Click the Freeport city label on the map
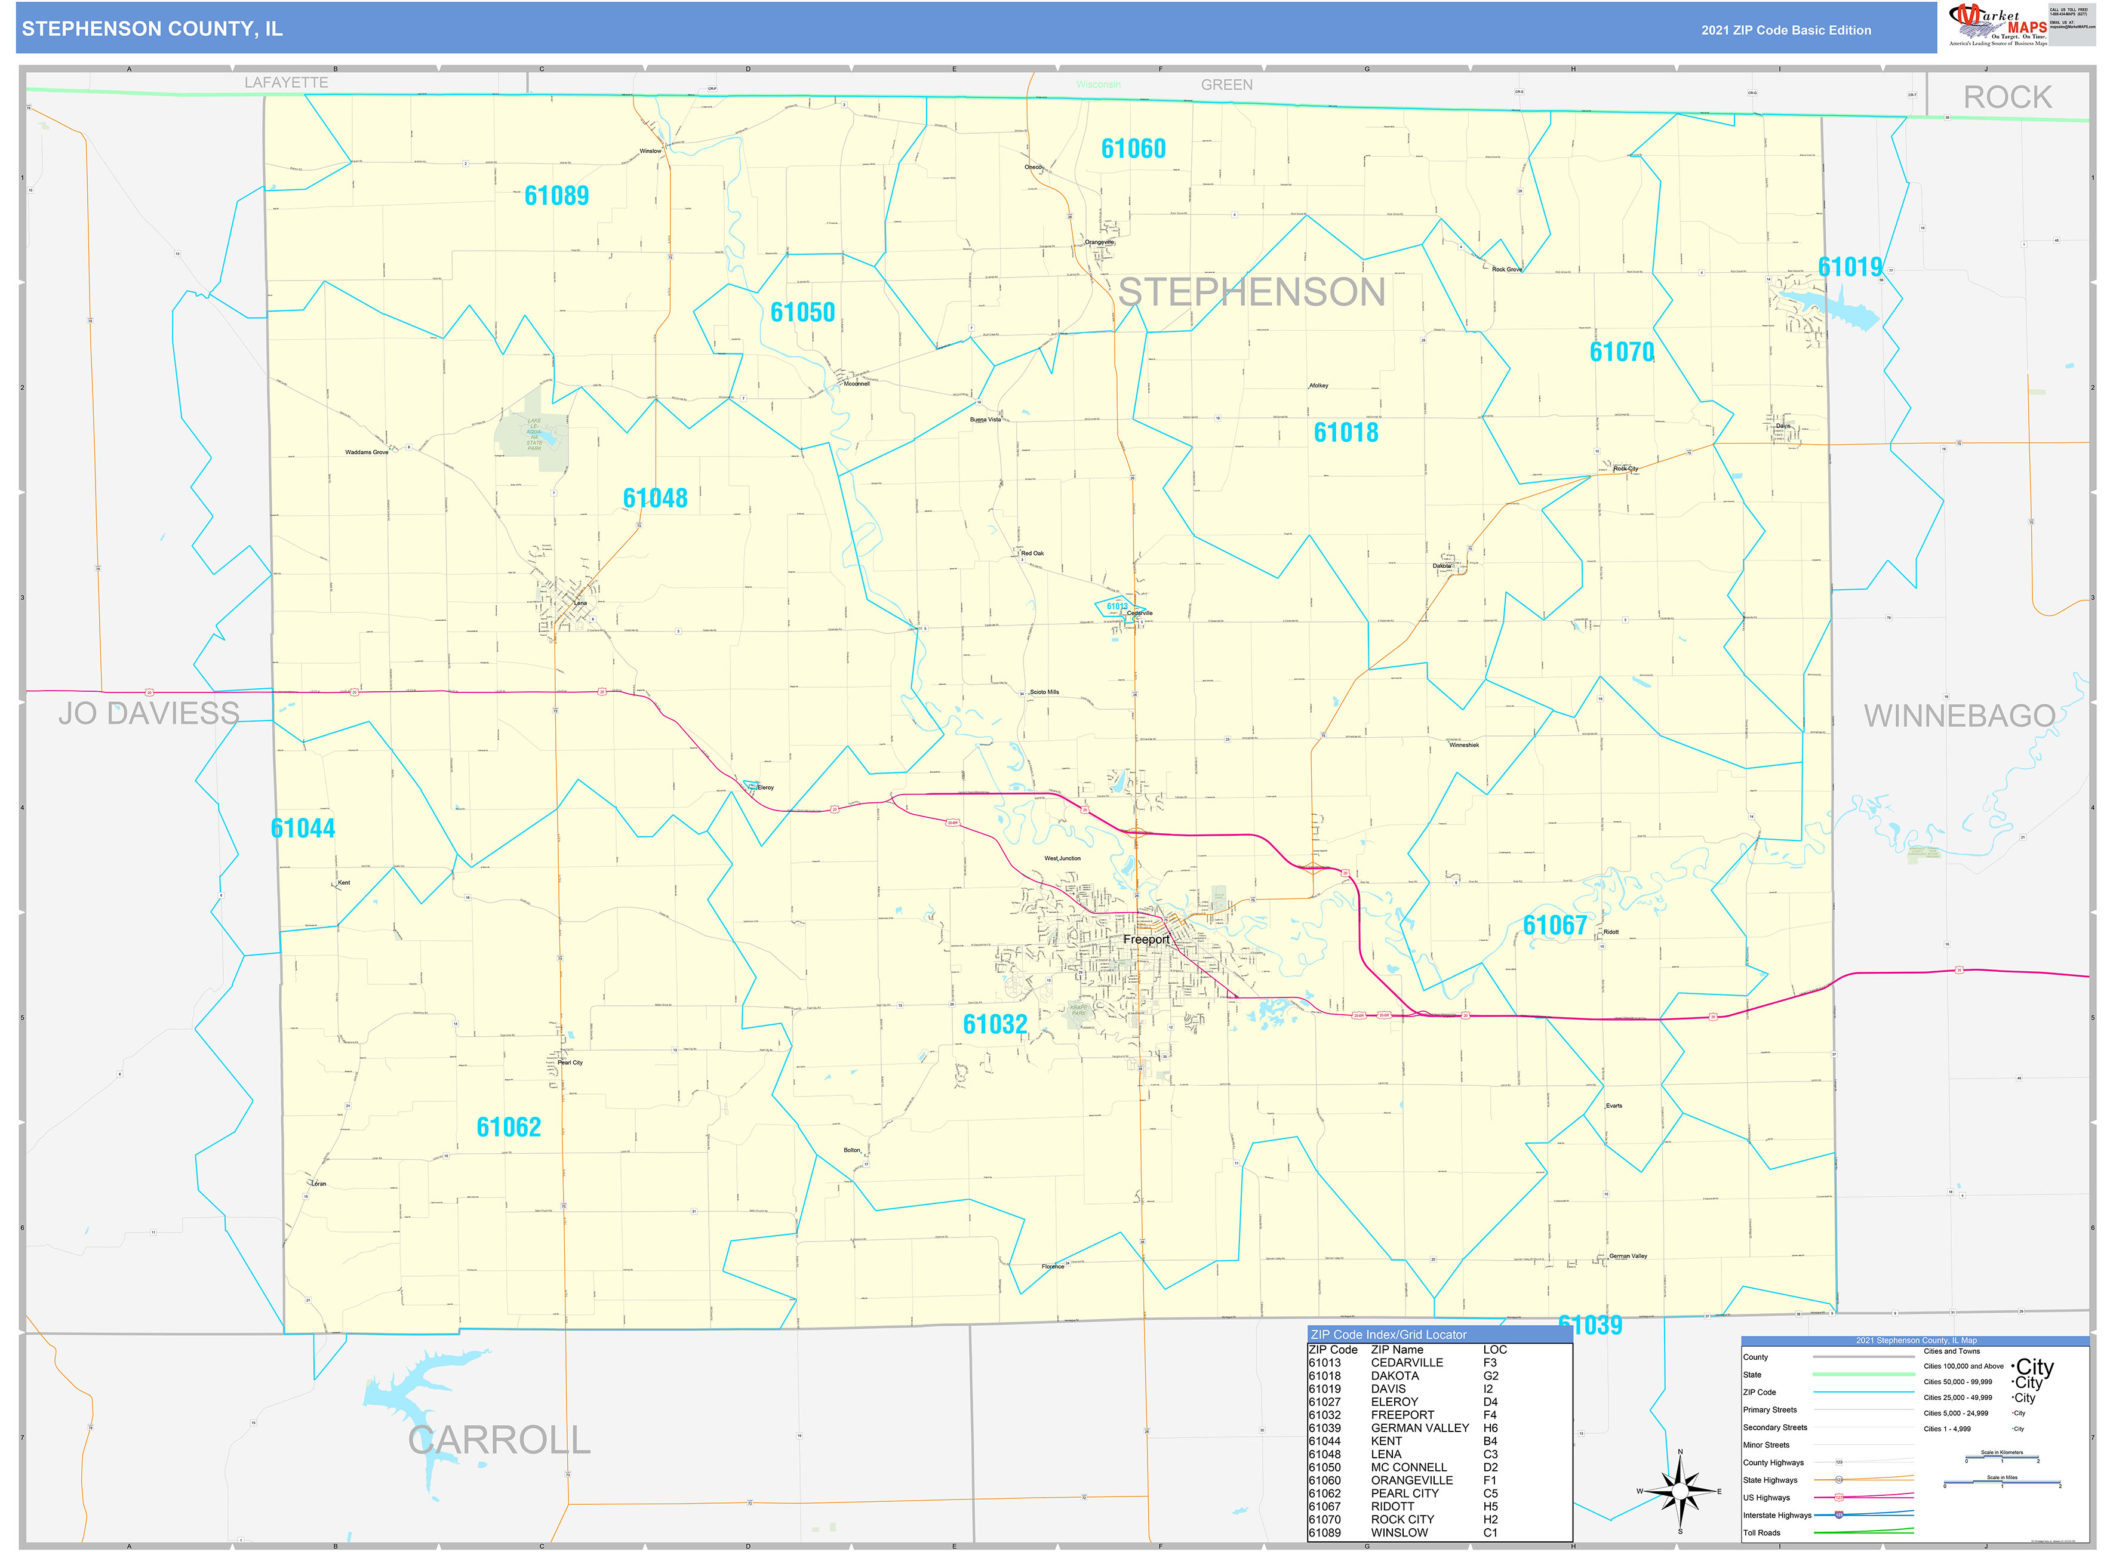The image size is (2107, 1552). tap(1146, 940)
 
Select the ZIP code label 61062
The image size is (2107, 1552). tap(509, 1128)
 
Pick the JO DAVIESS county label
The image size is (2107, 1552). tap(149, 714)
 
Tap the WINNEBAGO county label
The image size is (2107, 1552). tap(1958, 716)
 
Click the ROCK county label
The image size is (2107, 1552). tap(2007, 98)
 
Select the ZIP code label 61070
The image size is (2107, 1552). tap(1621, 352)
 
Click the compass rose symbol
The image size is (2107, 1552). tap(1680, 1491)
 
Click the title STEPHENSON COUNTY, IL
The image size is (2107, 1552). tap(152, 29)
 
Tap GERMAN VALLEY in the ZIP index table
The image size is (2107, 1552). tap(1419, 1428)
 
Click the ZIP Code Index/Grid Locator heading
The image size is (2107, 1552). tap(1388, 1334)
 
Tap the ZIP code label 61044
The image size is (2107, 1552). tap(303, 829)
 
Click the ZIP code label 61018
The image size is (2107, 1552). tap(1346, 433)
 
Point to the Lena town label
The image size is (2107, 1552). tap(581, 603)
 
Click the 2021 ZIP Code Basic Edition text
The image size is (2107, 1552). tap(1786, 30)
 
